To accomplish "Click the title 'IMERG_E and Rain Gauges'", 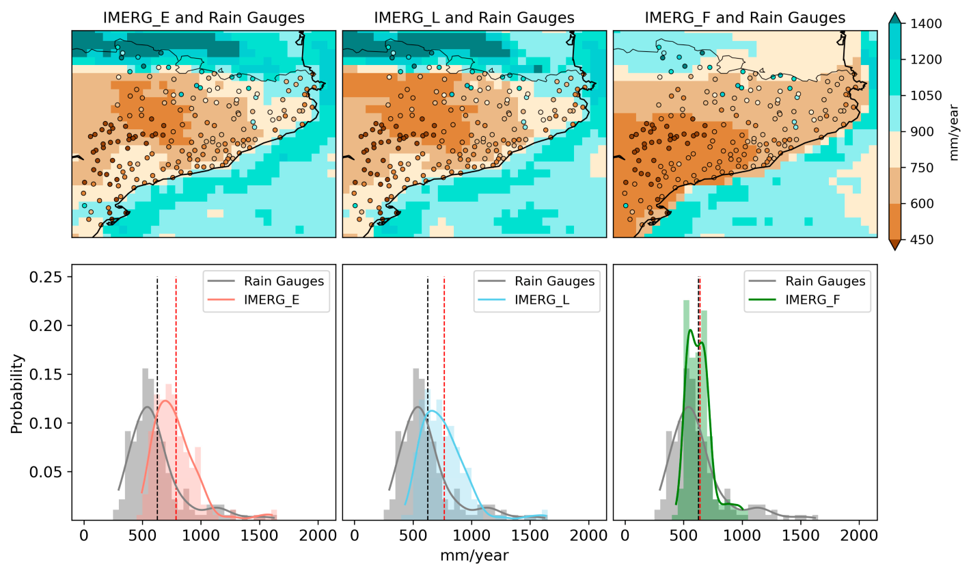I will tap(204, 18).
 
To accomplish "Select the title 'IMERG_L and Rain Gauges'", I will tap(474, 18).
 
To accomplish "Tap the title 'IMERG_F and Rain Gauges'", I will tap(745, 18).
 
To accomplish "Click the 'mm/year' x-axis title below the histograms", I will tap(474, 555).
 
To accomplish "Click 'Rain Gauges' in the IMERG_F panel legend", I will tap(825, 281).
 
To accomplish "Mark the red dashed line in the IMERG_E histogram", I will tap(176, 397).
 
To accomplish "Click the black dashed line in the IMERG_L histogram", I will tap(428, 397).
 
